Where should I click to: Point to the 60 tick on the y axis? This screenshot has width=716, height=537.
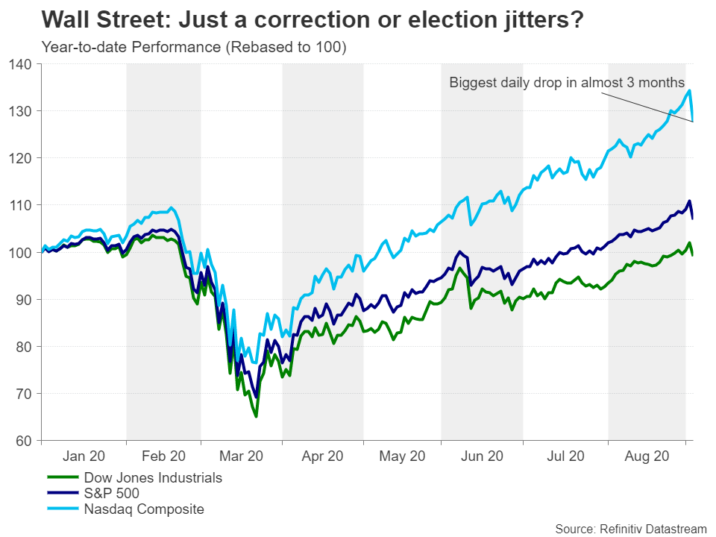tap(25, 441)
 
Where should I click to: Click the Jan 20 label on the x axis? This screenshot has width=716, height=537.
tap(84, 456)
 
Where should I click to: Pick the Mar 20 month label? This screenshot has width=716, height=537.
tap(240, 456)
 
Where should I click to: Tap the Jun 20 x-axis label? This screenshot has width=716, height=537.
tap(482, 456)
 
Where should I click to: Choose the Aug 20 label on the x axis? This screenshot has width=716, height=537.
tap(646, 456)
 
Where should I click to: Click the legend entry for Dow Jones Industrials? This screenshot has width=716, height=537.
tap(152, 477)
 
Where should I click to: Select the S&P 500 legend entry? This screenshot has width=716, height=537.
tap(111, 494)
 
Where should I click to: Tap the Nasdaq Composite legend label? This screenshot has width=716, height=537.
tap(143, 509)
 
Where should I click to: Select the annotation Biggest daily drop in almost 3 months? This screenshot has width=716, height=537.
tap(567, 83)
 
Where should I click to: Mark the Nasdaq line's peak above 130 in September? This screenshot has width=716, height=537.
tap(689, 90)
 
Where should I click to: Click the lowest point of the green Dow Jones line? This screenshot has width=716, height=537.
tap(257, 416)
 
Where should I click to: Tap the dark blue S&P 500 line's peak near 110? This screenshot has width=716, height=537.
tap(689, 201)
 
